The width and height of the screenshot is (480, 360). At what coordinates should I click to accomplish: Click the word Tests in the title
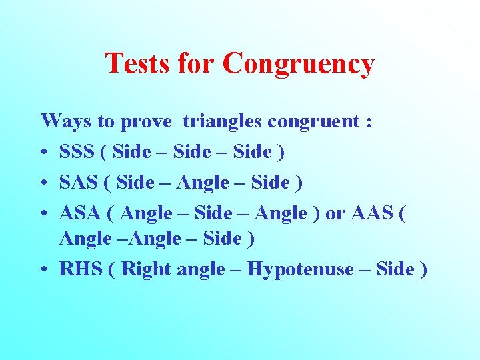pos(137,64)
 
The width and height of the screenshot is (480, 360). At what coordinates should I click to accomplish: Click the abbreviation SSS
pos(77,152)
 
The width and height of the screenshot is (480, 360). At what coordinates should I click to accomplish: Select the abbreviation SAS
pos(77,182)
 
